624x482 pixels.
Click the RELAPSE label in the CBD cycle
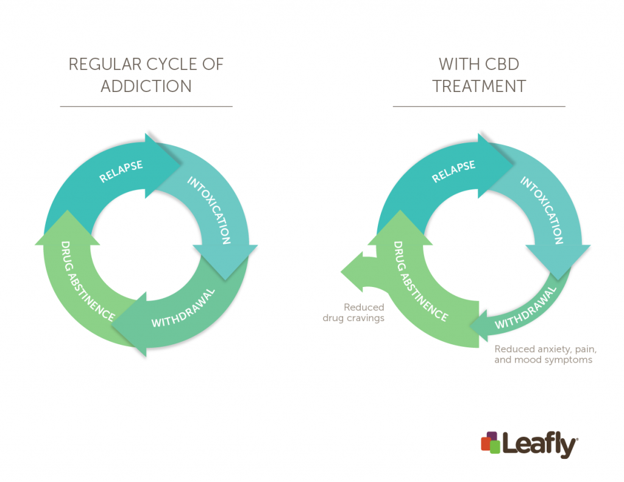pyautogui.click(x=454, y=172)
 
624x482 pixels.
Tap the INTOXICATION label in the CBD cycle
pyautogui.click(x=542, y=210)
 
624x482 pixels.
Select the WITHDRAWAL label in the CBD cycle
pyautogui.click(x=526, y=308)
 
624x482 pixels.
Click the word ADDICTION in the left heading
pyautogui.click(x=146, y=86)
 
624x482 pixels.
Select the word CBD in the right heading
pyautogui.click(x=498, y=64)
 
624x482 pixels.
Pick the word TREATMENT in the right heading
pyautogui.click(x=479, y=86)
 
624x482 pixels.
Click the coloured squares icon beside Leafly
pyautogui.click(x=491, y=442)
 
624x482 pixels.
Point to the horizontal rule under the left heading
pyautogui.click(x=146, y=106)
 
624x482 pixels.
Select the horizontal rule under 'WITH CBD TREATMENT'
pyautogui.click(x=479, y=106)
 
